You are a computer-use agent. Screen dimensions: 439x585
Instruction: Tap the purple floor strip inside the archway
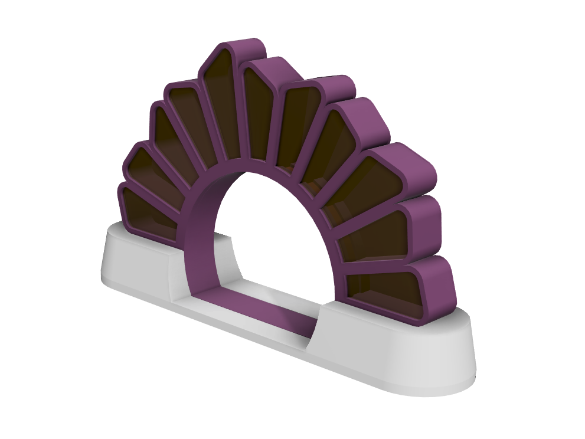pos(260,310)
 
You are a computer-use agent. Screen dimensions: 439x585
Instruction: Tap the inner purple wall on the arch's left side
pos(198,236)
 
